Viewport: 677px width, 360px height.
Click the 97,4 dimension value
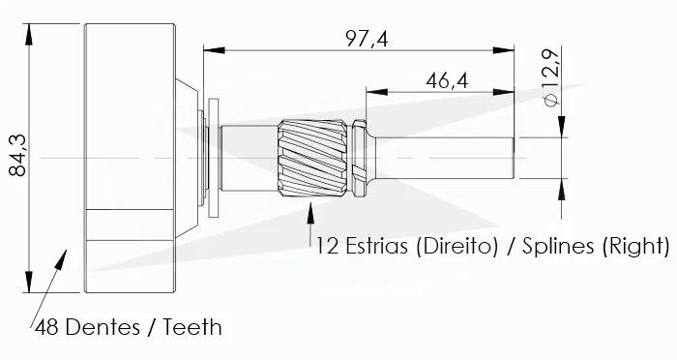[x=367, y=40]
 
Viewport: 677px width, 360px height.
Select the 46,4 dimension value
[x=447, y=81]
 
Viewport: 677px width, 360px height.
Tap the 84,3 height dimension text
[x=17, y=156]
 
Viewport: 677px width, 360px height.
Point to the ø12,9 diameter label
[x=552, y=76]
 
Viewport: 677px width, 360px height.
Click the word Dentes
[x=103, y=327]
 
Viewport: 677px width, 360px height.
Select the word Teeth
[x=192, y=327]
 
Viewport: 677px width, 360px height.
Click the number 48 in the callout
[x=46, y=328]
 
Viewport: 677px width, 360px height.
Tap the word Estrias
[x=376, y=246]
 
